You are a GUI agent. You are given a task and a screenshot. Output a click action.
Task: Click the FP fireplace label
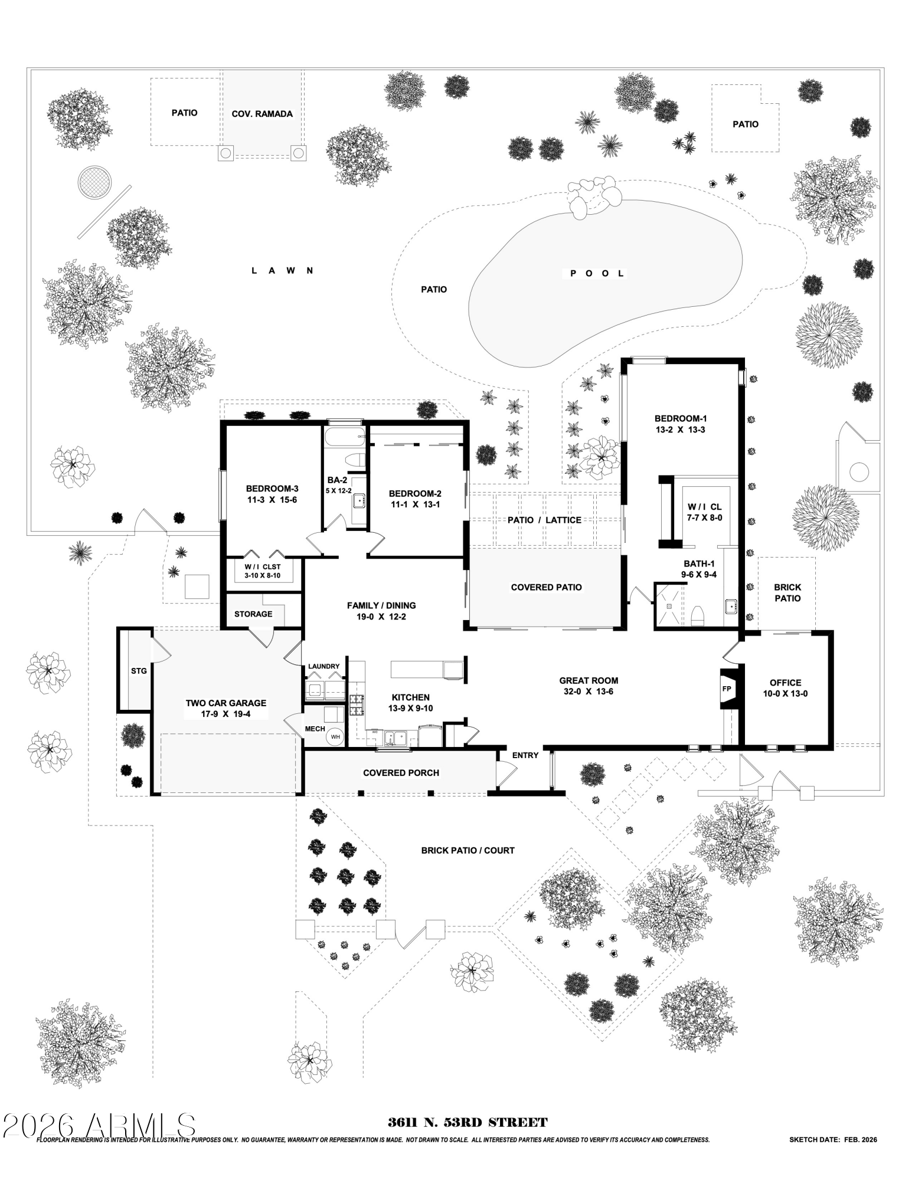click(x=727, y=689)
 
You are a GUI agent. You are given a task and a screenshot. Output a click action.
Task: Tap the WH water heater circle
click(x=335, y=736)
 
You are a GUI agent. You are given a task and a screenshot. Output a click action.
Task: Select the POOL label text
click(x=597, y=273)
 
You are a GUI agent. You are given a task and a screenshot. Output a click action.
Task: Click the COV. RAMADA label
click(x=262, y=114)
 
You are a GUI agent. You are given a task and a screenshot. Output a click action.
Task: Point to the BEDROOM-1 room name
click(x=681, y=418)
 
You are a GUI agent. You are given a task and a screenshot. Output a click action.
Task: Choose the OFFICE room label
click(x=785, y=683)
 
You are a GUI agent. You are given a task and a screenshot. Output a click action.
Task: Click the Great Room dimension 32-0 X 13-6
click(x=589, y=691)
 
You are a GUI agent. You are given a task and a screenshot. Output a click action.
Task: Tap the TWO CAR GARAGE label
click(x=226, y=703)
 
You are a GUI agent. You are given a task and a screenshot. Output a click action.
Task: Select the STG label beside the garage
click(x=139, y=671)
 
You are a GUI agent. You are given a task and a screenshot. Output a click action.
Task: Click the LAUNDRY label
click(x=324, y=667)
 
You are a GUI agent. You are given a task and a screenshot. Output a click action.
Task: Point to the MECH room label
click(x=315, y=729)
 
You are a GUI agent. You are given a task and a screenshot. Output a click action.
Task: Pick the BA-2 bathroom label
click(x=337, y=480)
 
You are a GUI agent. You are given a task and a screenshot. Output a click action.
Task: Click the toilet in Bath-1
click(x=697, y=616)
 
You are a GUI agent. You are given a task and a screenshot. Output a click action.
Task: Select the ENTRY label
click(x=525, y=755)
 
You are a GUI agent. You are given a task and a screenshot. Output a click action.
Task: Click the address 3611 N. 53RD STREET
click(x=468, y=1123)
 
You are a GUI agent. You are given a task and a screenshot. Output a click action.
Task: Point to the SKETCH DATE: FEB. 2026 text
click(x=833, y=1140)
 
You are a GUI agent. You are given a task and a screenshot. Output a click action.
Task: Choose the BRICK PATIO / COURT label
click(x=468, y=850)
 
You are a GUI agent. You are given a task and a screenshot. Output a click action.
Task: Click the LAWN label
click(x=282, y=271)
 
